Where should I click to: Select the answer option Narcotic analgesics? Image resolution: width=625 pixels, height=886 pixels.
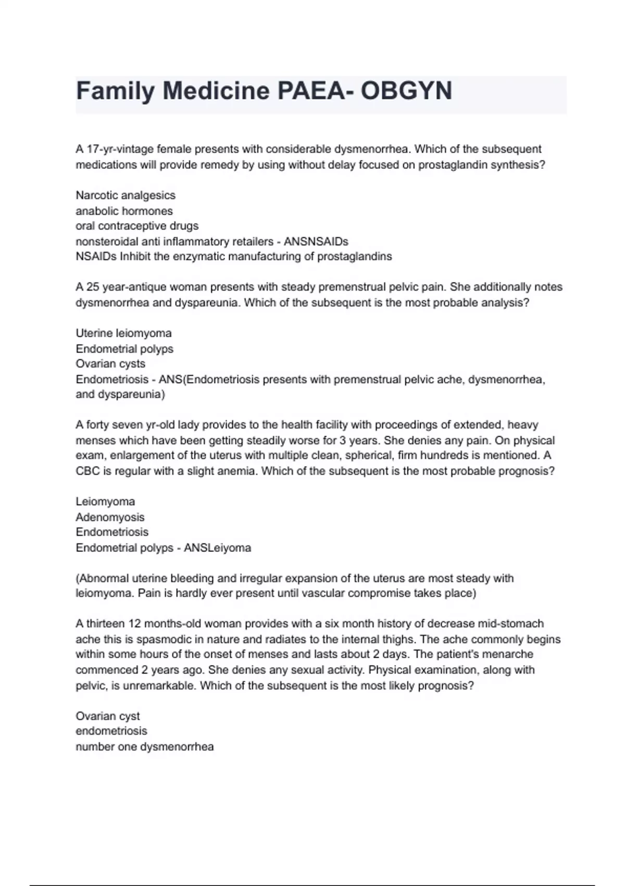(x=126, y=195)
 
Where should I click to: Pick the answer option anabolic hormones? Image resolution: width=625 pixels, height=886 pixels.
(x=124, y=211)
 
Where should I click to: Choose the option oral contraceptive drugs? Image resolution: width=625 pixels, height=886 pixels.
(x=137, y=226)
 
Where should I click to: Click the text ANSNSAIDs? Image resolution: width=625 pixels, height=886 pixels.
(x=316, y=242)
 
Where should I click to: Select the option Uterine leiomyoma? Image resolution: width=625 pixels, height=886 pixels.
(x=123, y=333)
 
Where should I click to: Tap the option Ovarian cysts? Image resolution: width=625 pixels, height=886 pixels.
(x=110, y=364)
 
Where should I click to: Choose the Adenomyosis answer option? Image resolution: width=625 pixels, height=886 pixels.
(x=110, y=517)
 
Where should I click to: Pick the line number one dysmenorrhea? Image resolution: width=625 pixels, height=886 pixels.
(x=144, y=747)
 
